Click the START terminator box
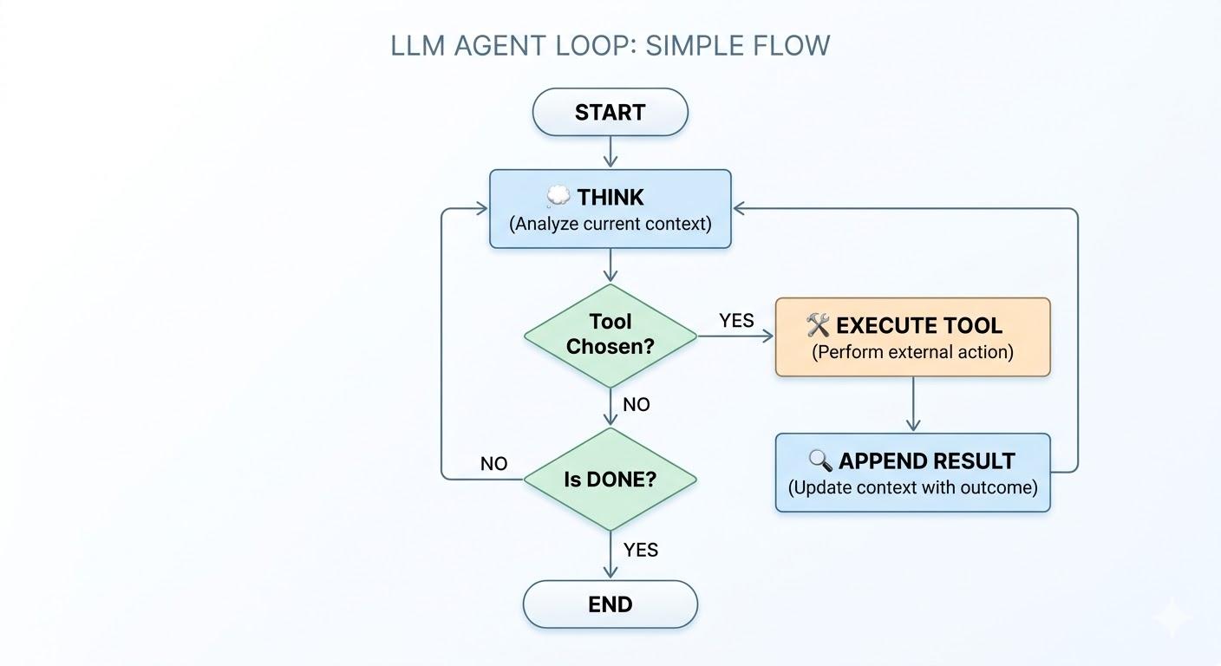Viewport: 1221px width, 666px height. (610, 113)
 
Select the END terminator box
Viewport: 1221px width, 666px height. (610, 604)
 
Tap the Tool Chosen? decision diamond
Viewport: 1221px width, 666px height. (610, 336)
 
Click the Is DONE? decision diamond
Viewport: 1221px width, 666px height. (610, 480)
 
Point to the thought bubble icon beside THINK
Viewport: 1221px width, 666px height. (558, 197)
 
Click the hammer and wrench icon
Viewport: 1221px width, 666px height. (818, 325)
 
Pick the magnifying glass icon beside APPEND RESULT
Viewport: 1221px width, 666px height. (819, 460)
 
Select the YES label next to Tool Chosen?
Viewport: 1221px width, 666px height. (736, 321)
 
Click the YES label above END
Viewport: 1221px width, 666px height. (641, 550)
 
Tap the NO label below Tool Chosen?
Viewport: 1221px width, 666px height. (637, 405)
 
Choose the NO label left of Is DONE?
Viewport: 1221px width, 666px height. (493, 464)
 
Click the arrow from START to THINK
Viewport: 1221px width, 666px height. (610, 153)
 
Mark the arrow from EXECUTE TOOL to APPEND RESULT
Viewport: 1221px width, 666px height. (912, 405)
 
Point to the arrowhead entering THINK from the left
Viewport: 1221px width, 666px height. (481, 208)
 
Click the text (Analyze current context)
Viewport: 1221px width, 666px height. (610, 224)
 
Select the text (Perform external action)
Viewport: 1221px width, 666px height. (912, 352)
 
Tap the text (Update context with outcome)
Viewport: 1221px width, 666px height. (912, 487)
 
